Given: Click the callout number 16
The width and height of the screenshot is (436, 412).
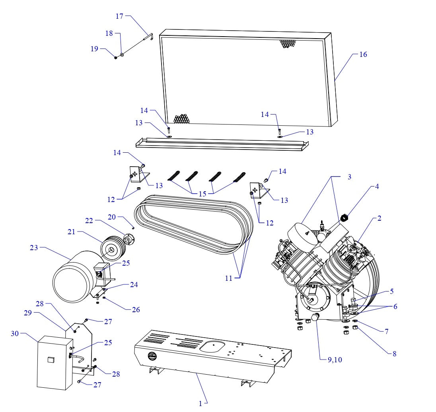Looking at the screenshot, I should point(363,54).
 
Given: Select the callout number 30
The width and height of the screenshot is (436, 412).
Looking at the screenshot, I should point(15,334).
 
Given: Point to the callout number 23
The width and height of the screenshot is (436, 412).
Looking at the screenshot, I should point(35,248).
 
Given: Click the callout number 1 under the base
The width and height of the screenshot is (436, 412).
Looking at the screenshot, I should point(200,403).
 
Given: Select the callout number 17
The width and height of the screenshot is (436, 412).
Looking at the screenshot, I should point(119,16).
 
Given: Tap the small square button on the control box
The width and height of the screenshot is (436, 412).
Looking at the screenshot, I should point(50,360).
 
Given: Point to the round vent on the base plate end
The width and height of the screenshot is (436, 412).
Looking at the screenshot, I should point(152,356).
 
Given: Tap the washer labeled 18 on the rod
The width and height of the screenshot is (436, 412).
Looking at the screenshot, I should point(122,56).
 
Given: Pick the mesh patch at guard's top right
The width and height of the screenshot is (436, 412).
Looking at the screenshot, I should point(286,43).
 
